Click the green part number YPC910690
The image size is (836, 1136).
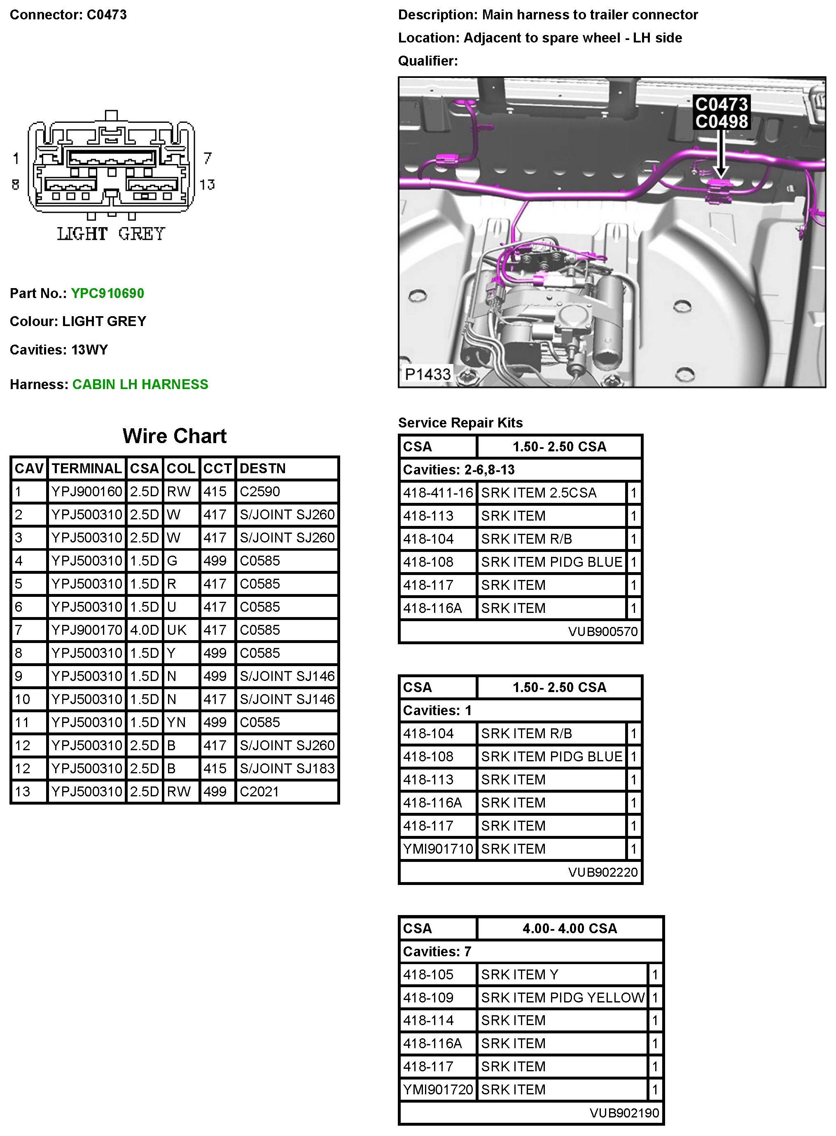pyautogui.click(x=107, y=293)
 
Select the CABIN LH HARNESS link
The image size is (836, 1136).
pyautogui.click(x=140, y=385)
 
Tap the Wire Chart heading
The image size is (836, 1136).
pyautogui.click(x=174, y=436)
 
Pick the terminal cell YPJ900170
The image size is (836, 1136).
pyautogui.click(x=86, y=630)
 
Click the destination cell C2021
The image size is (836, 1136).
pyautogui.click(x=259, y=791)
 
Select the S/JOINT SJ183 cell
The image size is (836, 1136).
pyautogui.click(x=287, y=768)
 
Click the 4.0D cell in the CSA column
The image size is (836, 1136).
pyautogui.click(x=144, y=630)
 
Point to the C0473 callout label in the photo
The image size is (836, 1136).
pyautogui.click(x=721, y=104)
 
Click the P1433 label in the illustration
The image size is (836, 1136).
pyautogui.click(x=427, y=374)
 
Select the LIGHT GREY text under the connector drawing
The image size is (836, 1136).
pyautogui.click(x=111, y=234)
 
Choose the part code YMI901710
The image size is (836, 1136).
pyautogui.click(x=438, y=849)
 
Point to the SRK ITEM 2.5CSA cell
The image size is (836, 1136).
pyautogui.click(x=538, y=493)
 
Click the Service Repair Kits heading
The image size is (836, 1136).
pyautogui.click(x=460, y=423)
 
